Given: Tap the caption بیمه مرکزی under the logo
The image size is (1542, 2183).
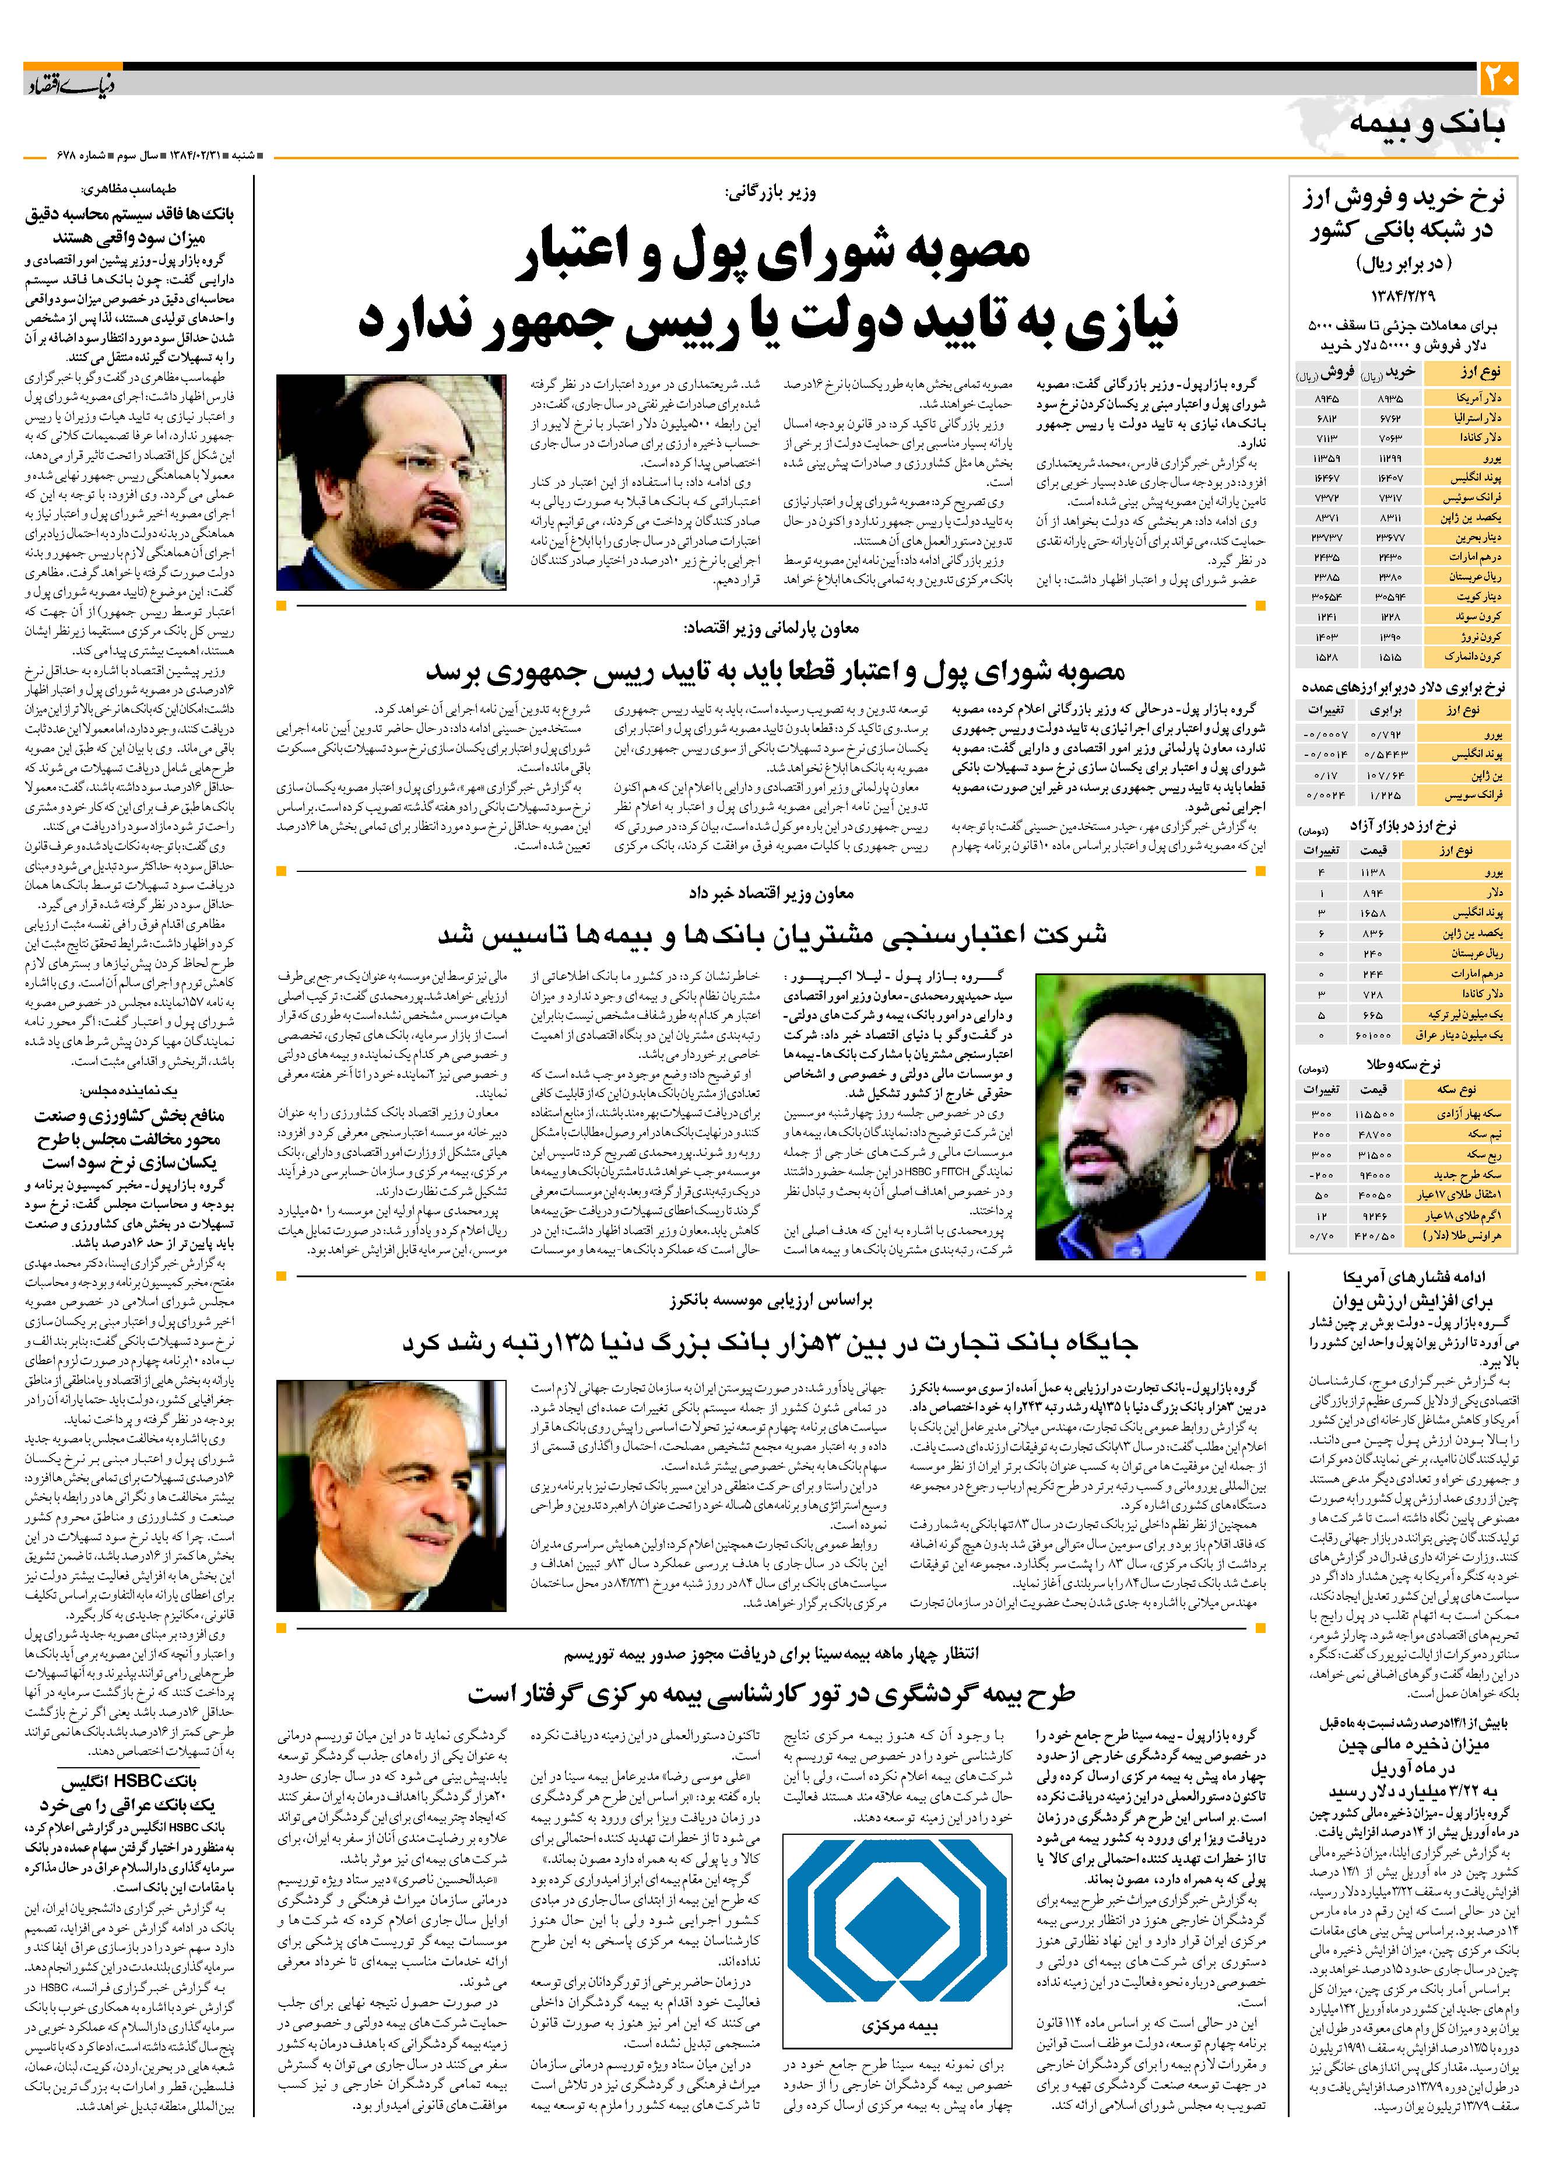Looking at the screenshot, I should (x=898, y=2026).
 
